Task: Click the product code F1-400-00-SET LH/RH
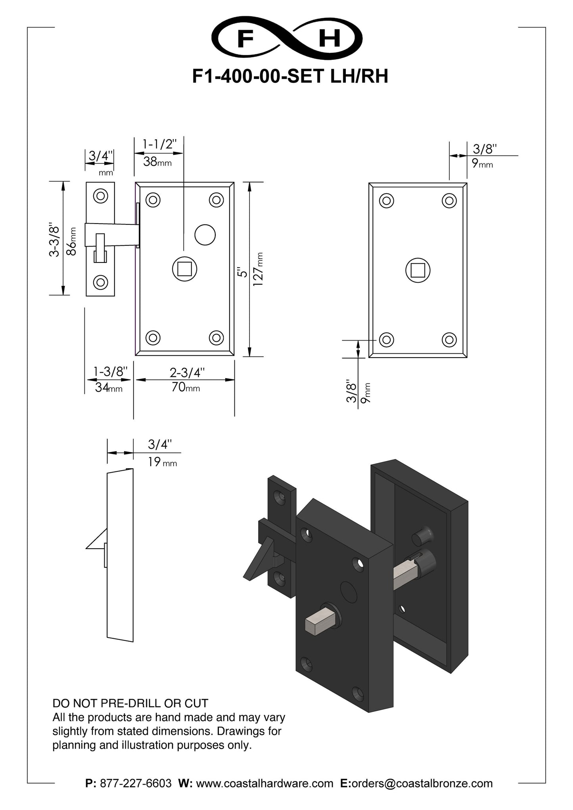pos(290,76)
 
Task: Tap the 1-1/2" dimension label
pos(159,144)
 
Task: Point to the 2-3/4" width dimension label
pos(187,373)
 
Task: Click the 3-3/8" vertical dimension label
pos(54,241)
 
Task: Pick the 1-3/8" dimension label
pos(110,371)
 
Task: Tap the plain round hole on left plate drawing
pos(205,235)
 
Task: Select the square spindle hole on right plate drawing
pos(418,270)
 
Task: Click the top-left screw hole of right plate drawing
pos(387,200)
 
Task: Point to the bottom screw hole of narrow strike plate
pos(101,282)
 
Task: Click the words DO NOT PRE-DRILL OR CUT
pos(130,703)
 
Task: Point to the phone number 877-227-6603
pos(136,783)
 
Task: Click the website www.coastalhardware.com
pos(264,783)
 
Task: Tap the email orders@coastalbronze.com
pos(422,783)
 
